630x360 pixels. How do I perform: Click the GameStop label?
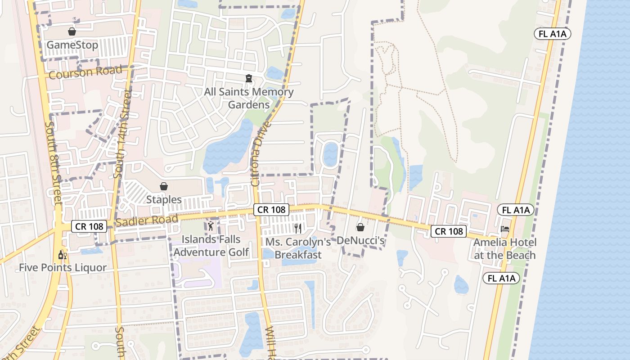click(x=72, y=45)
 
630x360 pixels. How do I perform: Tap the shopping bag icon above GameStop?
click(x=72, y=31)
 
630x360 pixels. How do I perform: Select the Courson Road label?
click(x=85, y=72)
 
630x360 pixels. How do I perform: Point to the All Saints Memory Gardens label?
click(x=249, y=98)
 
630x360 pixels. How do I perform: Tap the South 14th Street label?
click(x=122, y=134)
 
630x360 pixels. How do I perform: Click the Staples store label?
click(x=164, y=199)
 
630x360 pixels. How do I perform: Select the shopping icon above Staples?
click(x=164, y=186)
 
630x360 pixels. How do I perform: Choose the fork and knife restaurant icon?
click(x=298, y=228)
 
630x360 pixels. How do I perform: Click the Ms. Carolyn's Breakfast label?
click(x=298, y=248)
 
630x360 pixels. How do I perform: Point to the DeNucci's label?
click(x=361, y=241)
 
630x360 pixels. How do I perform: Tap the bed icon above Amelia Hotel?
click(x=505, y=229)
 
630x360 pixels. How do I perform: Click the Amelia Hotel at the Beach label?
click(x=505, y=249)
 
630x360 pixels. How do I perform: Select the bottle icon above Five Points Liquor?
click(x=63, y=255)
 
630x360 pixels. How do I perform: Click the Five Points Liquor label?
click(x=63, y=268)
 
